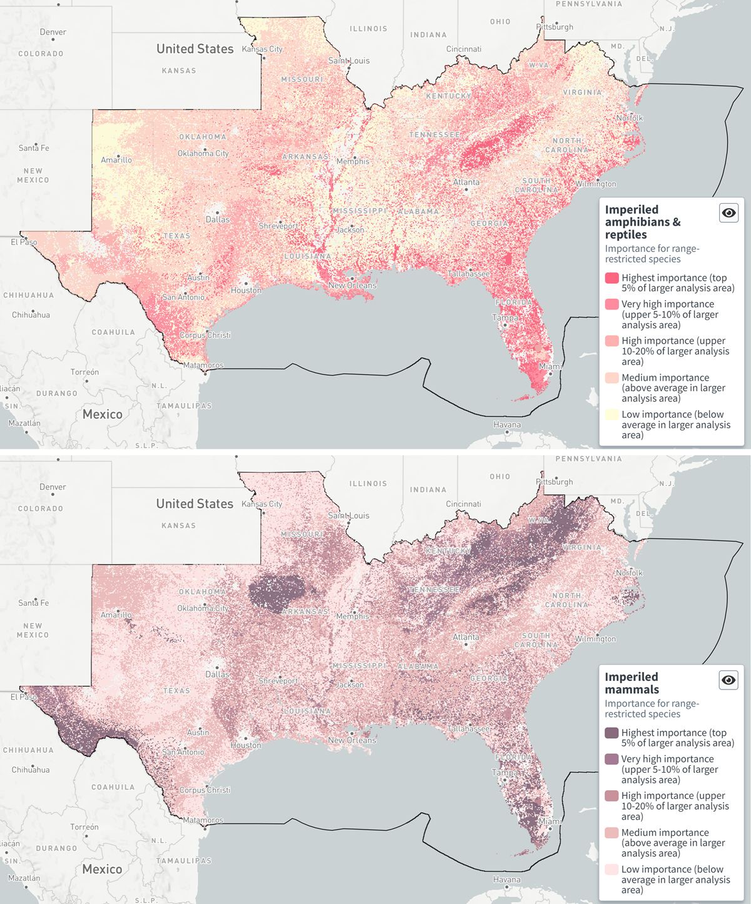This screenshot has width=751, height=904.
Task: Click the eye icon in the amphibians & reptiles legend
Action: coord(728,213)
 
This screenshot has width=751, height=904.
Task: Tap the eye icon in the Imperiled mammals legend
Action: coord(728,680)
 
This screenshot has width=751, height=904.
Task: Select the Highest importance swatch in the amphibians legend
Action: coord(611,278)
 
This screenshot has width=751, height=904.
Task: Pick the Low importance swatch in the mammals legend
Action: coord(611,870)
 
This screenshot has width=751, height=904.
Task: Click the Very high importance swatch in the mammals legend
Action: coord(611,759)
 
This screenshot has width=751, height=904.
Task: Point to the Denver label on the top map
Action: coord(53,32)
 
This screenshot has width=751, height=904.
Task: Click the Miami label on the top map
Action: coord(550,366)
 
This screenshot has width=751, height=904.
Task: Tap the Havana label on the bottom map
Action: coord(506,880)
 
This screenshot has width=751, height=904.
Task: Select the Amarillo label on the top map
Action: coord(116,160)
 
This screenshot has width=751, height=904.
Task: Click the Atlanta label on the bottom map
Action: coord(466,637)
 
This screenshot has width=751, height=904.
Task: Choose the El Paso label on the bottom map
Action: coord(24,696)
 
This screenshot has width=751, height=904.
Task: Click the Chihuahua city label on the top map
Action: coord(31,314)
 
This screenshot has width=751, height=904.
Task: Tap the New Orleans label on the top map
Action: coord(352,285)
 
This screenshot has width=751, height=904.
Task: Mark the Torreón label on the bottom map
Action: coord(84,827)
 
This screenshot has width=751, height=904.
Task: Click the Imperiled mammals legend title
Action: coord(631,683)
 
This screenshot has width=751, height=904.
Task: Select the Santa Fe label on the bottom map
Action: coord(34,603)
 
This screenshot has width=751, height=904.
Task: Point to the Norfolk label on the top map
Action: coord(630,118)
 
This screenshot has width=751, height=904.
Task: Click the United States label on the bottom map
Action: coord(195,504)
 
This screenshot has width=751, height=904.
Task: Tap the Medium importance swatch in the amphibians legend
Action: coord(611,378)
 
